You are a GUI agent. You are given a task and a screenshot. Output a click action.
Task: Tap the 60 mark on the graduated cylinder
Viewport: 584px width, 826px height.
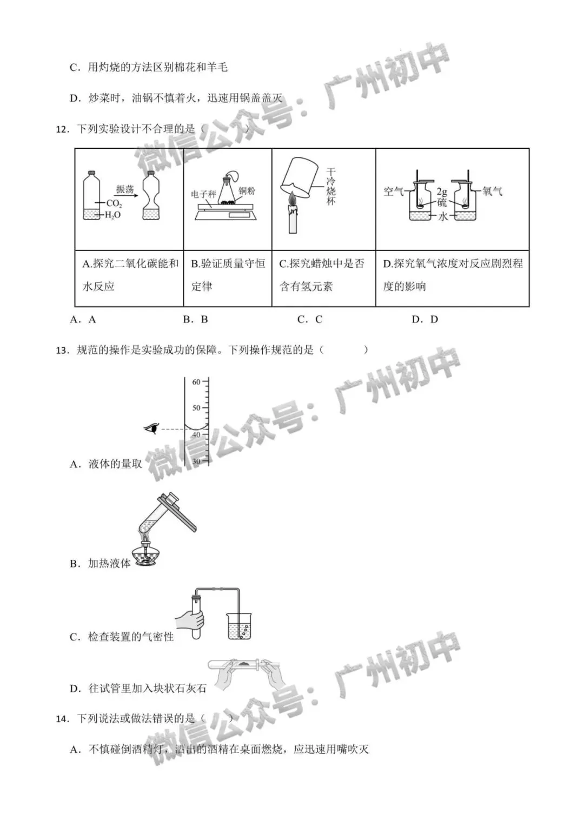[x=196, y=381]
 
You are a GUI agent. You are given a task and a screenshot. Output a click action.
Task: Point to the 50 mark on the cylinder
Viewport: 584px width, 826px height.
[x=196, y=408]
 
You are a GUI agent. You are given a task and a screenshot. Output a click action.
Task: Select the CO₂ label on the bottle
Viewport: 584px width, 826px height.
[x=114, y=203]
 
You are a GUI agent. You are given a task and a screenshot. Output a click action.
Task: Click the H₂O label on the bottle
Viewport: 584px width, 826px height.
[x=112, y=215]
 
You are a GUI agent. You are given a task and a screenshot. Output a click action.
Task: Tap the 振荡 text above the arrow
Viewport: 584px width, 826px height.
[x=125, y=189]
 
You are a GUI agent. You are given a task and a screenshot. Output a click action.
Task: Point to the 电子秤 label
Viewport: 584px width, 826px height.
[x=203, y=194]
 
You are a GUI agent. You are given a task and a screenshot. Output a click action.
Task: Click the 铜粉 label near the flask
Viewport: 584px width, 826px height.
[x=247, y=191]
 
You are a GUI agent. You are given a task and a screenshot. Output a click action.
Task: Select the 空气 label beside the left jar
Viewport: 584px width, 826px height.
[x=393, y=191]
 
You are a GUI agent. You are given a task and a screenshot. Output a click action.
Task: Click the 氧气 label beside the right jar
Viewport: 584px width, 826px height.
[x=492, y=191]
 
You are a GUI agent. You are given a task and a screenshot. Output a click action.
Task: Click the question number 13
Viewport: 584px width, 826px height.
[x=62, y=350]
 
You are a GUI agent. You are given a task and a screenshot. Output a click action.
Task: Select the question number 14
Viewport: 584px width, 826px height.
[x=62, y=718]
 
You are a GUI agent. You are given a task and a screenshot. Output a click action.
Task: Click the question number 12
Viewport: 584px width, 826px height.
[x=62, y=129]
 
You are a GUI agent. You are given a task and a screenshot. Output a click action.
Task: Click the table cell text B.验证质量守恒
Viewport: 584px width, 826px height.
[x=228, y=263]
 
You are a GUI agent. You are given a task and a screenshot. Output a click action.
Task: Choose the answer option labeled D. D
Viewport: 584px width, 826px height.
[x=424, y=319]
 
